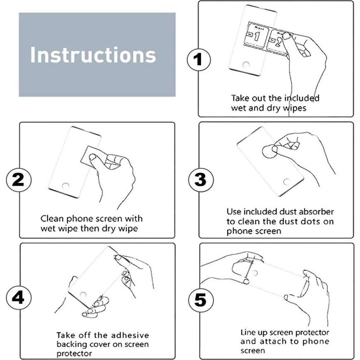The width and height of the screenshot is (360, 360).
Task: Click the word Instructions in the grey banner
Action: tap(93, 55)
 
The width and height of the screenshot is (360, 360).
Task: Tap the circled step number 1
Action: tap(198, 59)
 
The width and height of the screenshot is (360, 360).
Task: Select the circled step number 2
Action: tap(18, 179)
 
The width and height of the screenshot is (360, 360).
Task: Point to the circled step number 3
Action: tap(201, 179)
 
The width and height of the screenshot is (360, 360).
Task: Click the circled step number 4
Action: tap(18, 298)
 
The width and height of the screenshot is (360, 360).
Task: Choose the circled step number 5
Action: tap(201, 299)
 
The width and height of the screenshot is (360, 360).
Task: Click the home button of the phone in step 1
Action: tap(246, 64)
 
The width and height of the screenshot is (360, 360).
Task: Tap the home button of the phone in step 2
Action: tap(66, 186)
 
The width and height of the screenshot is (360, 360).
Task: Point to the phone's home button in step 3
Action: tap(286, 182)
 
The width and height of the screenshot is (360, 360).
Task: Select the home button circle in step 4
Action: tap(83, 295)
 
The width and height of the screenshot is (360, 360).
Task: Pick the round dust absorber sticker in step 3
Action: tap(269, 151)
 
